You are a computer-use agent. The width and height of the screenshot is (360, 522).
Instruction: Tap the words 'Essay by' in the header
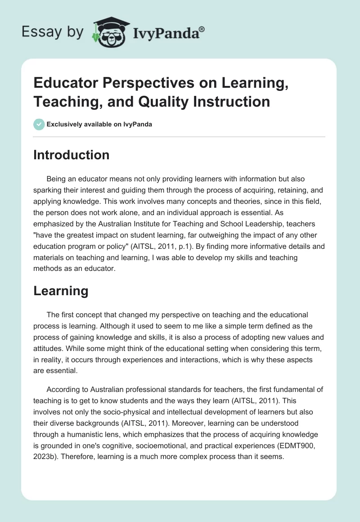(53, 32)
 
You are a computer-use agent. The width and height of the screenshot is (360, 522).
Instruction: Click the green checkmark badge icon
(39, 124)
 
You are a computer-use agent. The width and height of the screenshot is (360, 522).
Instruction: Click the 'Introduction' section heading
(72, 155)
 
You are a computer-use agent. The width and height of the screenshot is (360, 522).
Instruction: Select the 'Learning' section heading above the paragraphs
(61, 291)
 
